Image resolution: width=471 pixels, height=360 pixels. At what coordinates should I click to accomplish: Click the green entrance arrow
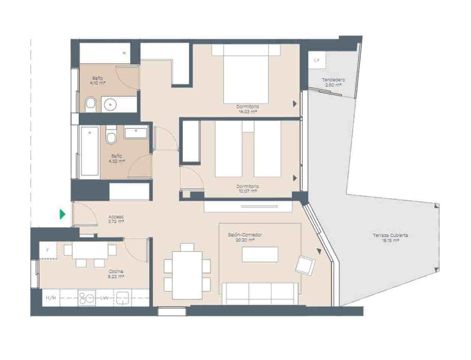point(63,214)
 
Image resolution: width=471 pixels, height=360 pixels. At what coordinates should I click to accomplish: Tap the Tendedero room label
point(333,80)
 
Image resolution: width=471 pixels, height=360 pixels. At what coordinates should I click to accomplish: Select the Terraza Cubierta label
point(390,235)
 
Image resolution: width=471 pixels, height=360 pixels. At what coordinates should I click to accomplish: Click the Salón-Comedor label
point(245,235)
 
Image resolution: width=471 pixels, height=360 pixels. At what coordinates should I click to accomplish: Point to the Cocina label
point(116,271)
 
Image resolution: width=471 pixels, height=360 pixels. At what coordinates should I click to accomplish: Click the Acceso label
point(116,217)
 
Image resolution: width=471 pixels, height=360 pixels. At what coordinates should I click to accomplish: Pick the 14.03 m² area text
point(248,111)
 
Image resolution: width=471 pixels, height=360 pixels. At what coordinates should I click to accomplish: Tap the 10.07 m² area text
point(248,191)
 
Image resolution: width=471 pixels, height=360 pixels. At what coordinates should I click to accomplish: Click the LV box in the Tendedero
point(317,60)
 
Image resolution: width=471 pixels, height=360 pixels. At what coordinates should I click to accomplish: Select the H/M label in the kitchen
point(51,298)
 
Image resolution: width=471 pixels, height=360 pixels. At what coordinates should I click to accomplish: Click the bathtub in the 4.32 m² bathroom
point(89,151)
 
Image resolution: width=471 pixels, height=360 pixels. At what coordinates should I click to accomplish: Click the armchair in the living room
point(305,265)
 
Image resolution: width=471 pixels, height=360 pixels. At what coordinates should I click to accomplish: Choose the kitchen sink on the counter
point(123,298)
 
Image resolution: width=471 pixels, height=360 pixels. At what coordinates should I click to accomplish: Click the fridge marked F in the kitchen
point(48,250)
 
